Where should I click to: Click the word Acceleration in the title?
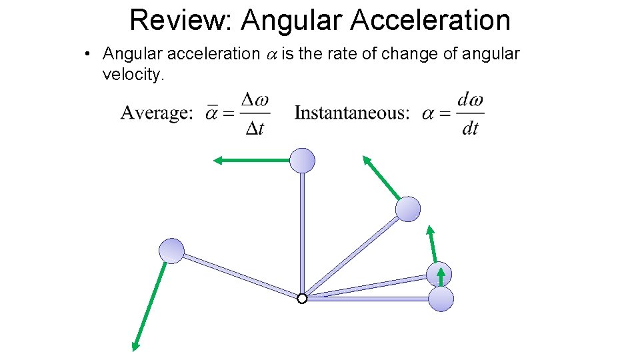[430, 20]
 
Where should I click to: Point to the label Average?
[157, 113]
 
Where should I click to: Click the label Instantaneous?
[352, 113]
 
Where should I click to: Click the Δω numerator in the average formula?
[255, 101]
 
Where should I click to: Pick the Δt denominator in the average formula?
[255, 127]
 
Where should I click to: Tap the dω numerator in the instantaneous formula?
[470, 101]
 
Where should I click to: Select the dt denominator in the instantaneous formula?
[470, 127]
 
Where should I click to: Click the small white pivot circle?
[302, 299]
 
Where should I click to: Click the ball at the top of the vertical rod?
[302, 160]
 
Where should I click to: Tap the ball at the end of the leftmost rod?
[171, 251]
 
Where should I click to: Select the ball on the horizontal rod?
[441, 299]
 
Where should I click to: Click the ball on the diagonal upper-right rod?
[408, 209]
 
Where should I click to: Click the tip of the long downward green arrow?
[134, 347]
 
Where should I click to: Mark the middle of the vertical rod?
[302, 230]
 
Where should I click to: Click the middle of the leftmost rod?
[237, 275]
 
